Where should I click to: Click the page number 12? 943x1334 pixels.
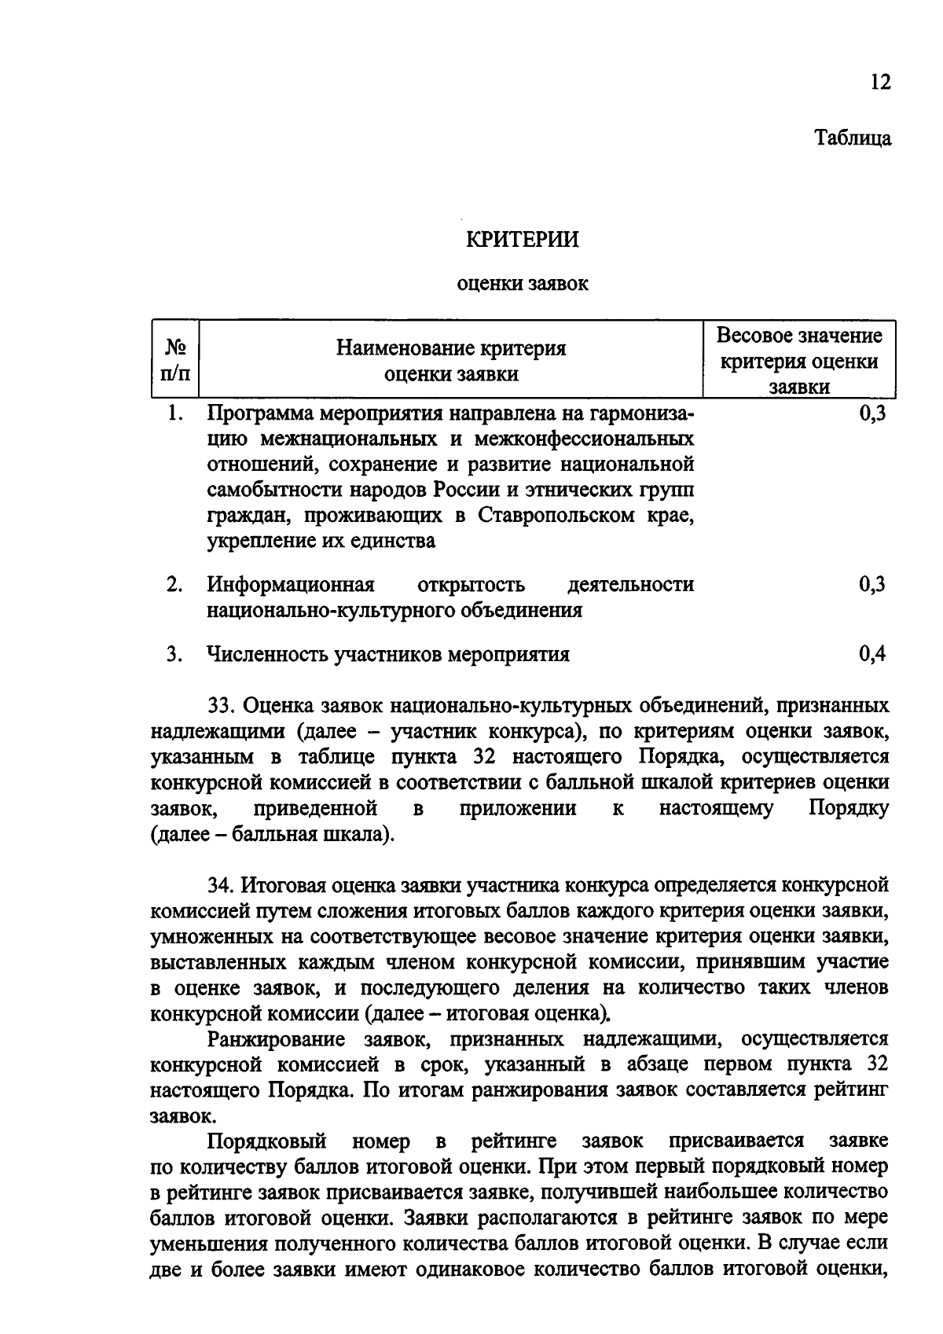881,83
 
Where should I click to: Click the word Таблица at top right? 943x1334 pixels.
853,138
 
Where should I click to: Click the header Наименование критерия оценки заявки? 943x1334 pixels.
451,360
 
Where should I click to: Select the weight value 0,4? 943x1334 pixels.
872,653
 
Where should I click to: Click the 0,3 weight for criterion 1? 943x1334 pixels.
872,413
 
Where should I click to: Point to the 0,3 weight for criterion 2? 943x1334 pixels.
872,584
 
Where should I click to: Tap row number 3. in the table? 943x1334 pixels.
174,653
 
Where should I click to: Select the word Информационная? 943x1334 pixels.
291,585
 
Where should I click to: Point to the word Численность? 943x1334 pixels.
267,654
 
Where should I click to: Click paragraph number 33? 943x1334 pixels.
220,705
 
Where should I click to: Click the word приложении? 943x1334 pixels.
518,809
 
